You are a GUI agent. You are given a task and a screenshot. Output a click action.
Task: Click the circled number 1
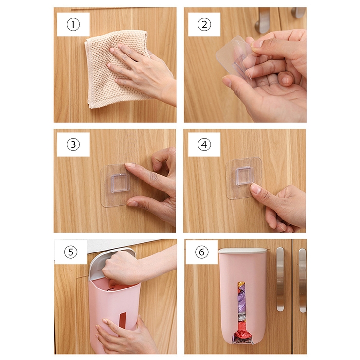pyautogui.click(x=73, y=24)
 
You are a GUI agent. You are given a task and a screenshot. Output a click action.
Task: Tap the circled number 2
pyautogui.click(x=204, y=24)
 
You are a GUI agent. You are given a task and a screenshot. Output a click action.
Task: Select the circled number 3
pyautogui.click(x=73, y=144)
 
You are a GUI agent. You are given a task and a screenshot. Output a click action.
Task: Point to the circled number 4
pyautogui.click(x=204, y=144)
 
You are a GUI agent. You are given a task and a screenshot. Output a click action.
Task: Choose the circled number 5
pyautogui.click(x=71, y=252)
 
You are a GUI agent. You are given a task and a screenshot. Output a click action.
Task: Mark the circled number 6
pyautogui.click(x=201, y=252)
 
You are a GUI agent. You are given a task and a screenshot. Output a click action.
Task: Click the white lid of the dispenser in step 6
pyautogui.click(x=243, y=251)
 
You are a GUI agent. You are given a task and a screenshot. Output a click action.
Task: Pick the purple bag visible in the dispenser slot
pyautogui.click(x=242, y=306)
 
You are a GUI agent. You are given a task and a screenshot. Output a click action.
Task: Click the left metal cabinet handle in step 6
pyautogui.click(x=280, y=279)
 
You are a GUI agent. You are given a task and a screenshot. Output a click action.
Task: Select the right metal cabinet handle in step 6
pyautogui.click(x=303, y=280)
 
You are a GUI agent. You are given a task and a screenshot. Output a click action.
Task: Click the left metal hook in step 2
pyautogui.click(x=262, y=19)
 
